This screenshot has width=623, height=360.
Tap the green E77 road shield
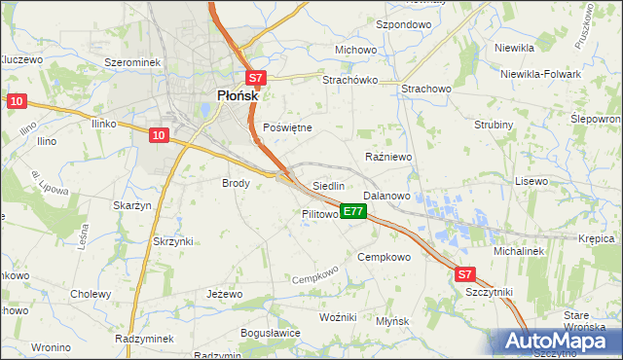pos(353,211)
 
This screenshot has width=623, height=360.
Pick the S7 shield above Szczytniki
pos(466,275)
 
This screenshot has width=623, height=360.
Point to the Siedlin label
pos(328,186)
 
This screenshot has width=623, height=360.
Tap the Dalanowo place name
pos(386,196)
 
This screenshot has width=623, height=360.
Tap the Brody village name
pos(237,183)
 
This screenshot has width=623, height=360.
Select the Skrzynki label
pos(173,240)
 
